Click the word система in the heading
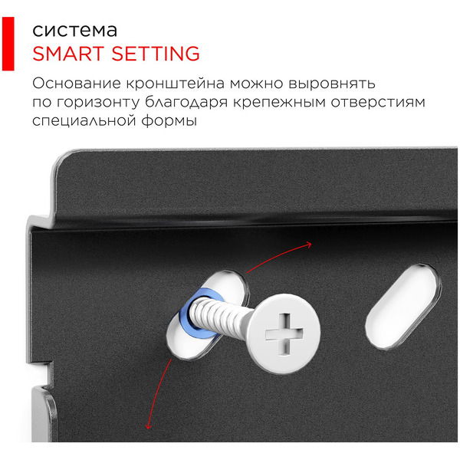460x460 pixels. pyautogui.click(x=74, y=31)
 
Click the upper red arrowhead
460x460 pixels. pyautogui.click(x=308, y=245)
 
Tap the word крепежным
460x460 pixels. pyautogui.click(x=279, y=102)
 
